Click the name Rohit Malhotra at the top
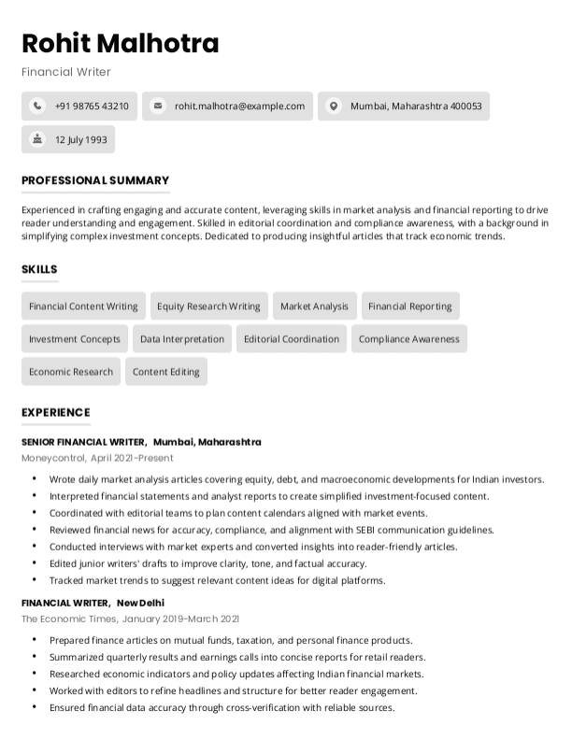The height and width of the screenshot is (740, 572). pyautogui.click(x=120, y=43)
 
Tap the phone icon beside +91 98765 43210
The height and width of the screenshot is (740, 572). pyautogui.click(x=37, y=107)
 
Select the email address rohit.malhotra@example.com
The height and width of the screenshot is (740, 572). pyautogui.click(x=239, y=107)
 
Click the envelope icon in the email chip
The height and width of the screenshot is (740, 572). pyautogui.click(x=158, y=107)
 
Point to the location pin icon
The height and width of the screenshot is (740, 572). pyautogui.click(x=334, y=107)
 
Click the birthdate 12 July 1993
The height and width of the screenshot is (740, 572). pyautogui.click(x=81, y=140)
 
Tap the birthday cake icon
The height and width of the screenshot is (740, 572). pyautogui.click(x=37, y=139)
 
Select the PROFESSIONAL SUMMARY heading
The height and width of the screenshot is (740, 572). pyautogui.click(x=95, y=180)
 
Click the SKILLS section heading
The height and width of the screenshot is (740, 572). pyautogui.click(x=39, y=269)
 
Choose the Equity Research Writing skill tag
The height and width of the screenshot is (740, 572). pyautogui.click(x=208, y=306)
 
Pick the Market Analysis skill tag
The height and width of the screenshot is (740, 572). pyautogui.click(x=314, y=306)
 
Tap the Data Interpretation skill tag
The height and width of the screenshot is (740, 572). pyautogui.click(x=182, y=339)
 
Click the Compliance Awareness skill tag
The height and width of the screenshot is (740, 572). pyautogui.click(x=408, y=339)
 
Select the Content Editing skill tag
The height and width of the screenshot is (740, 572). pyautogui.click(x=165, y=372)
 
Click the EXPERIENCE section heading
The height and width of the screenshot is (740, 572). pyautogui.click(x=55, y=412)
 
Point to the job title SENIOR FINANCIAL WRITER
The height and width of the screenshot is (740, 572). pyautogui.click(x=82, y=442)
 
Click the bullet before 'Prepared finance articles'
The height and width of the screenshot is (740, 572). pyautogui.click(x=35, y=641)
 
